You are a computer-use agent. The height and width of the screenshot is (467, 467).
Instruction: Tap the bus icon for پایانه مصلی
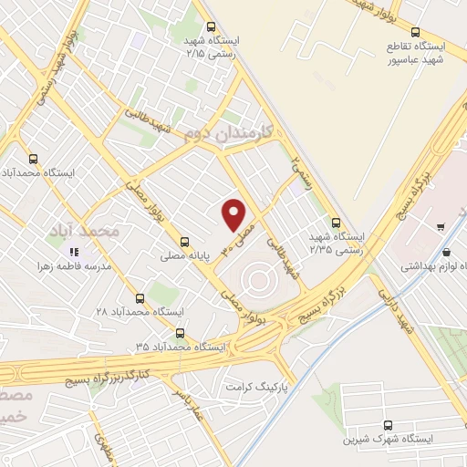point(185,243)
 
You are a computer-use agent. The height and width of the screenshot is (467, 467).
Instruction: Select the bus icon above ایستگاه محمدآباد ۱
point(35,157)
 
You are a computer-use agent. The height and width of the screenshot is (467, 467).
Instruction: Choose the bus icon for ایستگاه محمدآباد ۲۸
point(140,297)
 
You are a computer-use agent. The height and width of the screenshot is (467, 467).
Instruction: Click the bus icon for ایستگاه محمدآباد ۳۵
point(180,333)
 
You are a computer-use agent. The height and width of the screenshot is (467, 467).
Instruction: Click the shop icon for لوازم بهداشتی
point(446,254)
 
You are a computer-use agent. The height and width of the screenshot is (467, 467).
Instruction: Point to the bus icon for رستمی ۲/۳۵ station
point(336,221)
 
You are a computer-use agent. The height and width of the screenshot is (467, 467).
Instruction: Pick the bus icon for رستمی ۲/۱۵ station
point(211,27)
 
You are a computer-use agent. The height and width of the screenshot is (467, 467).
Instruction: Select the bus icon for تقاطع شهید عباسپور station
point(416,29)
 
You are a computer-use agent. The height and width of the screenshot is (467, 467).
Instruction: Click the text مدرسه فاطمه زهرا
point(74,266)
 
